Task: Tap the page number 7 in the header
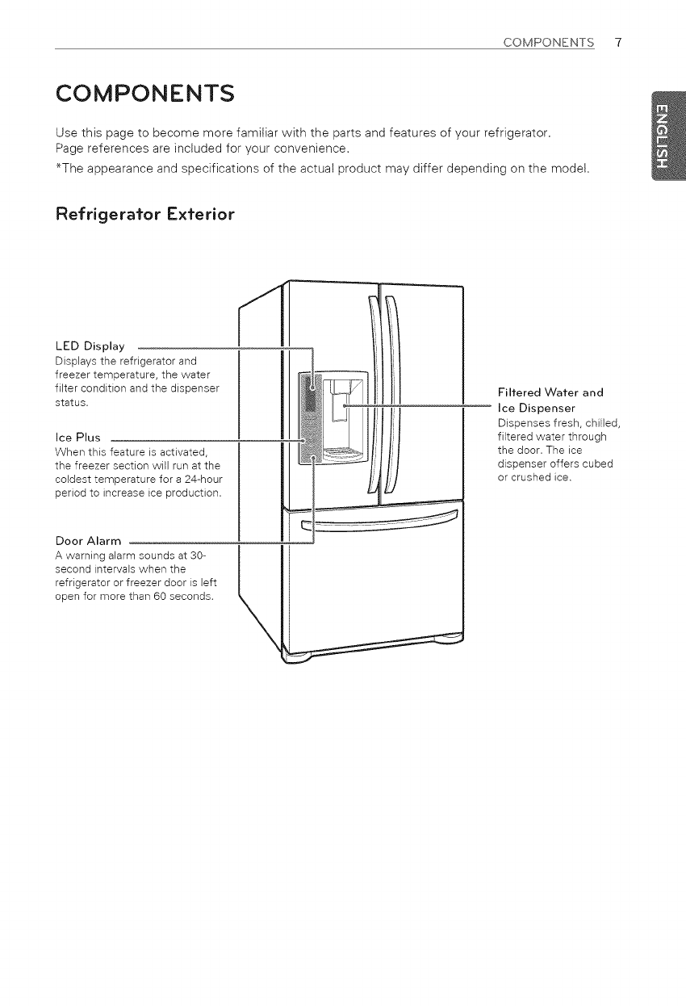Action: click(x=617, y=43)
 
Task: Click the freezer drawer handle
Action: click(x=379, y=522)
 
